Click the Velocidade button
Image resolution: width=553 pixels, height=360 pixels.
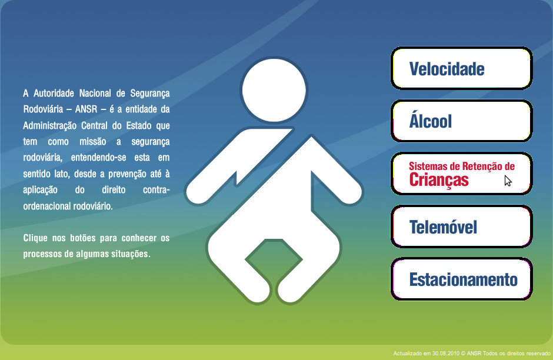(x=461, y=69)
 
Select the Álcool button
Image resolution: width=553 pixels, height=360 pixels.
(x=461, y=121)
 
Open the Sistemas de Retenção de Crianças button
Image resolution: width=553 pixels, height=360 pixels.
(x=461, y=174)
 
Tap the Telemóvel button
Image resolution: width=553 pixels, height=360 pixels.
(x=461, y=226)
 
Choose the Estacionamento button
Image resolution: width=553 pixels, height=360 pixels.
(x=461, y=279)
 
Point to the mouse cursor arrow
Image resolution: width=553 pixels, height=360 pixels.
(x=508, y=181)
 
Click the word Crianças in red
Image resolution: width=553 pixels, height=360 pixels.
(x=439, y=180)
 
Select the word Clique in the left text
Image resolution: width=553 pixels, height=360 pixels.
(x=35, y=239)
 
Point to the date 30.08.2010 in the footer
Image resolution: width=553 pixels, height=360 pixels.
(x=446, y=354)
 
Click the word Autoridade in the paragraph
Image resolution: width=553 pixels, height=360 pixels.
(x=54, y=94)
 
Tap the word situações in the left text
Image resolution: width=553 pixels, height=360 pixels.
(x=131, y=255)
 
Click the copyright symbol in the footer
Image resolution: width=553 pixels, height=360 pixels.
(x=464, y=354)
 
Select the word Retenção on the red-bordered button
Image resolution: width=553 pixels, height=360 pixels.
(x=477, y=166)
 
